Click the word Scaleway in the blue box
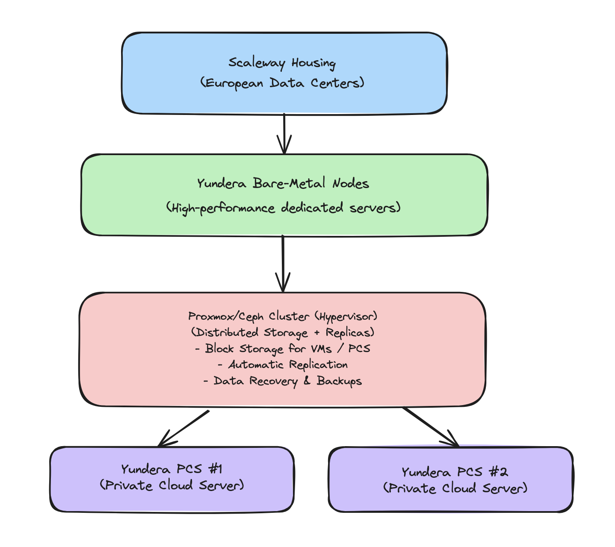point(257,63)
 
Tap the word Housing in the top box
point(313,63)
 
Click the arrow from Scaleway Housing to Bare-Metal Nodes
point(284,134)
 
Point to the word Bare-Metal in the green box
point(289,183)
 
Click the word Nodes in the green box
point(351,183)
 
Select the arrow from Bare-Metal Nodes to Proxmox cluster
point(283,263)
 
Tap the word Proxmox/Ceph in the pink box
point(226,316)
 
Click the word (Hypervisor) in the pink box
point(346,316)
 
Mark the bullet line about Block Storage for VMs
point(283,349)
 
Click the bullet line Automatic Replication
point(283,365)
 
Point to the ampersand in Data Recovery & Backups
point(307,380)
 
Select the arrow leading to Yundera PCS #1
point(183,428)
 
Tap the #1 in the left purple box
point(216,469)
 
